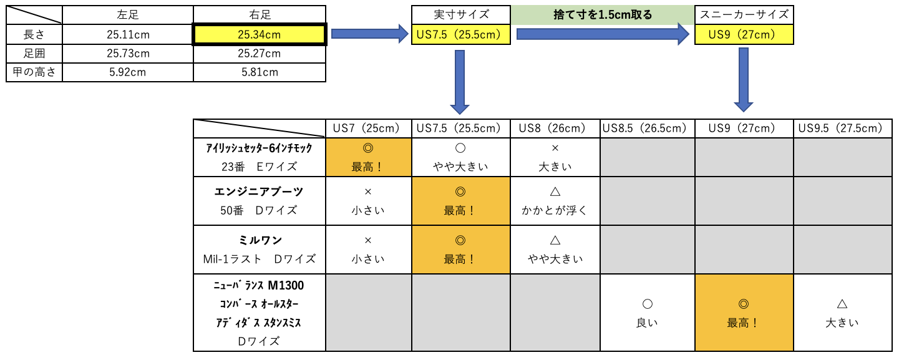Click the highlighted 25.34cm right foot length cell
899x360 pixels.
click(x=260, y=34)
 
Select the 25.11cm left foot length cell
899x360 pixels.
click(x=128, y=34)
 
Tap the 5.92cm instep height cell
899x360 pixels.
click(x=128, y=72)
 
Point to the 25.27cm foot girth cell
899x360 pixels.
click(x=260, y=54)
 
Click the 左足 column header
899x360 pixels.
click(x=128, y=15)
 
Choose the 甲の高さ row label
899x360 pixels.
click(x=34, y=72)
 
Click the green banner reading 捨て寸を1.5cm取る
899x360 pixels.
click(x=603, y=15)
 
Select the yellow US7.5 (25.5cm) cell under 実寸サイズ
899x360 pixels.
click(x=461, y=34)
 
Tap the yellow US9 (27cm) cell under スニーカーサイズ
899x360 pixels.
click(x=744, y=34)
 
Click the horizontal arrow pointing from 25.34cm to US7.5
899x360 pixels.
click(x=369, y=34)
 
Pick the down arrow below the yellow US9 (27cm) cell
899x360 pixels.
click(x=744, y=80)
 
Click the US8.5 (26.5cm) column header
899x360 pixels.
click(x=648, y=129)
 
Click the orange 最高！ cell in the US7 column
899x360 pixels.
click(x=369, y=157)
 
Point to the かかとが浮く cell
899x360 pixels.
click(x=555, y=201)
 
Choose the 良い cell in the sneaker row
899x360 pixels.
click(x=648, y=313)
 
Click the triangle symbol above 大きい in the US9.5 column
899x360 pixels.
click(x=842, y=304)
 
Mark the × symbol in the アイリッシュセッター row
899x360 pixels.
click(x=555, y=148)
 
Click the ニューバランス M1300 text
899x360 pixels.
click(x=259, y=285)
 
